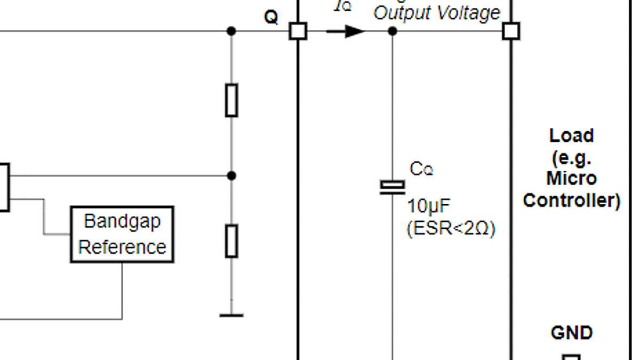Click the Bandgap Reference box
(x=122, y=234)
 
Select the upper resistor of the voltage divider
(x=231, y=100)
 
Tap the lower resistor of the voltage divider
(x=231, y=241)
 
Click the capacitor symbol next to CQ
(x=393, y=187)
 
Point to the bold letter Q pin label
(x=271, y=18)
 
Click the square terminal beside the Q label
(x=298, y=31)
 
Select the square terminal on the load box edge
(x=511, y=31)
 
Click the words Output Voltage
(x=437, y=13)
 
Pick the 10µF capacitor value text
(x=426, y=206)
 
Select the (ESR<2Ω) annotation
(x=451, y=228)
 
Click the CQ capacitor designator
(x=421, y=169)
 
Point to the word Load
(x=571, y=135)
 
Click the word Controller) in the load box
(x=571, y=201)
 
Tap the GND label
(x=571, y=333)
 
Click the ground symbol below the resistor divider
(x=231, y=315)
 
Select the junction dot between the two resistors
(x=231, y=175)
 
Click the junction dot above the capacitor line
(x=393, y=31)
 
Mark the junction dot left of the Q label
(x=231, y=31)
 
